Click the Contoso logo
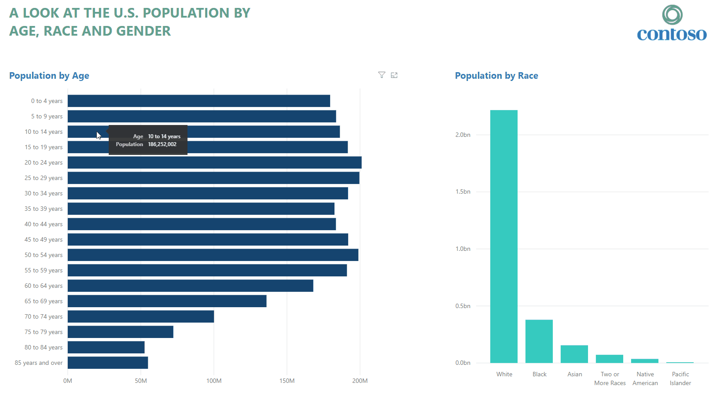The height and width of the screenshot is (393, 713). tap(672, 24)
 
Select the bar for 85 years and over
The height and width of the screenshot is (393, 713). tap(108, 363)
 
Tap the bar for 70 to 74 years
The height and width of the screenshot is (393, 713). tap(141, 316)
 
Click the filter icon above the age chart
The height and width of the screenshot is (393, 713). tap(382, 75)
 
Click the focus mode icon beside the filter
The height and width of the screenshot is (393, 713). tap(394, 75)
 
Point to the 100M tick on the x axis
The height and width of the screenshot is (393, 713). tap(214, 381)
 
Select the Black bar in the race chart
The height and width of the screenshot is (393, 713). tap(539, 342)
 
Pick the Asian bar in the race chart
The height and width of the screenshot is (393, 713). tap(574, 354)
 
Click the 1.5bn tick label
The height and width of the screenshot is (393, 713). tap(463, 192)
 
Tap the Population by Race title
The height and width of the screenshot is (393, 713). tap(496, 76)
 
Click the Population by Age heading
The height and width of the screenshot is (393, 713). tap(49, 76)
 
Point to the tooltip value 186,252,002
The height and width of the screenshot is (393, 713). tap(162, 144)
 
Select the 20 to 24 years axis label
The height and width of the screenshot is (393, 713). tap(44, 162)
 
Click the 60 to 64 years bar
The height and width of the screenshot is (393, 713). tap(191, 286)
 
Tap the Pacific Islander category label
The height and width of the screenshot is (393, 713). tap(680, 378)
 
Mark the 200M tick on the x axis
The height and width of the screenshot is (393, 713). tap(360, 381)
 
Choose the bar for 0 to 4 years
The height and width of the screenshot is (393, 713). tap(199, 101)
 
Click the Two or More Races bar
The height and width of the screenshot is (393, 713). tap(610, 359)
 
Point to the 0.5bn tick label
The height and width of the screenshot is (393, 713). tap(463, 306)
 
